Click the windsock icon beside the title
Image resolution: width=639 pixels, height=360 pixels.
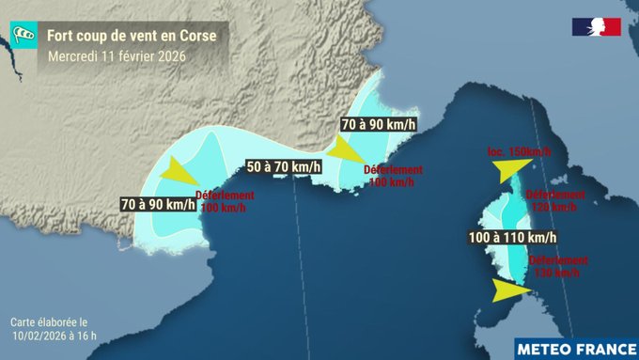click(25, 35)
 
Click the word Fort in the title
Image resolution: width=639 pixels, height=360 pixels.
click(63, 35)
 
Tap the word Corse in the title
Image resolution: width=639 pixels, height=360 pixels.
click(198, 35)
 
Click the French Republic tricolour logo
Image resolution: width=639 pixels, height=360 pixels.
click(596, 26)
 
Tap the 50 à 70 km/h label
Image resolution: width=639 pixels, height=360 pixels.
click(282, 166)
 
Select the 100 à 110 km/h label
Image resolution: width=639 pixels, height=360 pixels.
click(512, 237)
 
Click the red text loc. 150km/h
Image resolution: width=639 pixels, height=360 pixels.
click(520, 152)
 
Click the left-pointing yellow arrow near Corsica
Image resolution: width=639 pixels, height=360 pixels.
click(507, 169)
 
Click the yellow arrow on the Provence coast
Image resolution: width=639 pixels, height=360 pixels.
click(348, 150)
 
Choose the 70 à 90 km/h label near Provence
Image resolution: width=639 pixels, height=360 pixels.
click(378, 124)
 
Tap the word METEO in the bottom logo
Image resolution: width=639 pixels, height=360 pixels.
click(547, 347)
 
